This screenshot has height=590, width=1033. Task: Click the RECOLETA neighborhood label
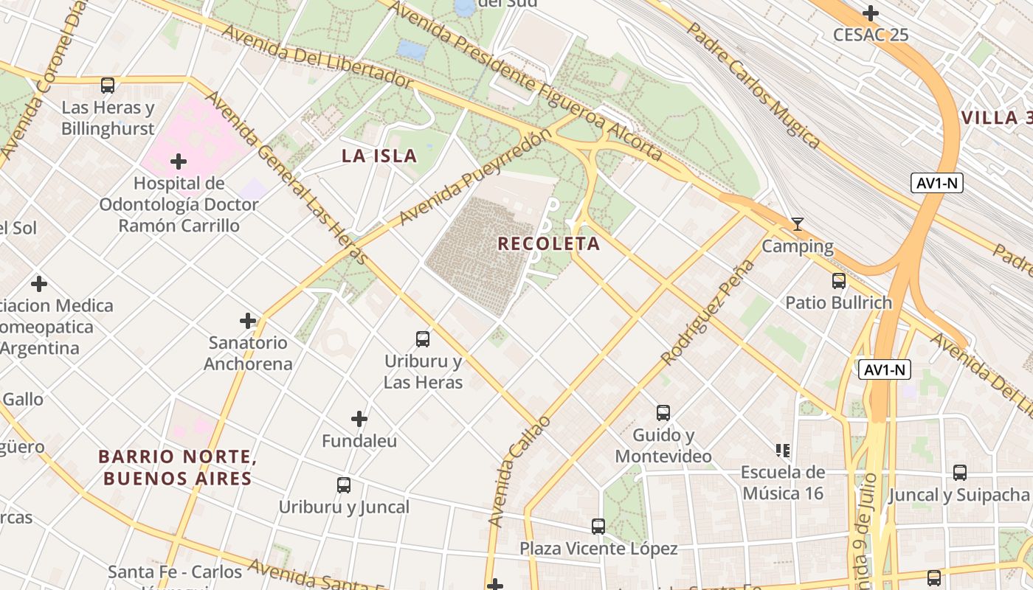(548, 243)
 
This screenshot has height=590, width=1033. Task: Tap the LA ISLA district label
(379, 156)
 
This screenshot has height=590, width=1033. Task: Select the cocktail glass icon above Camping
(797, 224)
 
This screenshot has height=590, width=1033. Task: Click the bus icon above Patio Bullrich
(838, 281)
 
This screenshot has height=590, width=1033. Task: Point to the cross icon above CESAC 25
(871, 13)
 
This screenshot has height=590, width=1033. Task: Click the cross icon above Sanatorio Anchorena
(248, 321)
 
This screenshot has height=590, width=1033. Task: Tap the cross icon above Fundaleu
(359, 420)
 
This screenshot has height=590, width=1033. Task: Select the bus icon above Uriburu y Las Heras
(423, 339)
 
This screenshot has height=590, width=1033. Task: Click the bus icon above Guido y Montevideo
(663, 413)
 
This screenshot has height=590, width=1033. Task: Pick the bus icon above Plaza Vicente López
(598, 527)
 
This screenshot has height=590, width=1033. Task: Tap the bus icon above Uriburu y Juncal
(344, 485)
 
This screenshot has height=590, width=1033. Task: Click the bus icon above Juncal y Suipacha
(959, 473)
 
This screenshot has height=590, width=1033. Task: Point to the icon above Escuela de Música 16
(783, 450)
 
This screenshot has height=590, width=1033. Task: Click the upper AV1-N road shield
(936, 184)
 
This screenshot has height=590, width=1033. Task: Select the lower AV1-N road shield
(885, 370)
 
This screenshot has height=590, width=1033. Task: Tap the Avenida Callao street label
(519, 472)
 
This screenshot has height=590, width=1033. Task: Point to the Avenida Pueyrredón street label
(475, 177)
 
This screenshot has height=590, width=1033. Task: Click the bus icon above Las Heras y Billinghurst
(108, 86)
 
